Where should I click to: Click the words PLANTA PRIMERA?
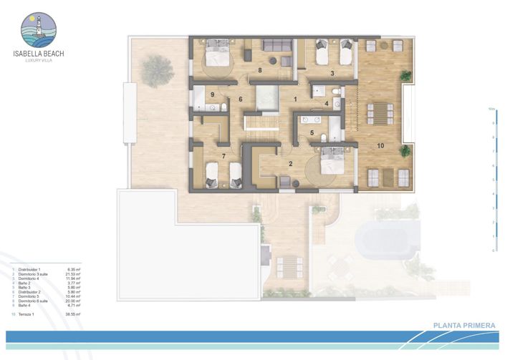(464, 326)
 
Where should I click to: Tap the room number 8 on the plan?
(260, 71)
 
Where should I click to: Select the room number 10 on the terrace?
(380, 146)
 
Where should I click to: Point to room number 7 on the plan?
(224, 155)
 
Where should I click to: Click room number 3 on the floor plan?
(332, 74)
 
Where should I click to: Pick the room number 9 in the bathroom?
(213, 94)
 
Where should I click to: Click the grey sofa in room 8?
(277, 46)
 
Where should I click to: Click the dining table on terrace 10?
(379, 113)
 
